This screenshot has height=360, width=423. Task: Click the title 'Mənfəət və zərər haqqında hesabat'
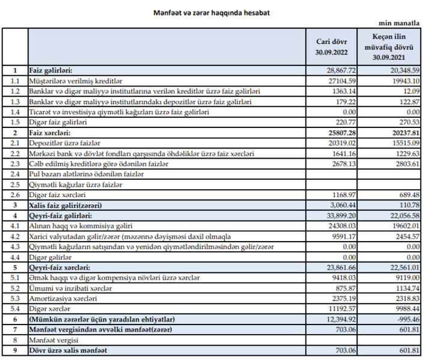211,13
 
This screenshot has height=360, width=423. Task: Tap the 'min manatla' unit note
399,23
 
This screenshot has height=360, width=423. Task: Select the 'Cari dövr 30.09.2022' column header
331,47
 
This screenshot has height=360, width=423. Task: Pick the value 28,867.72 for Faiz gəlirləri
341,70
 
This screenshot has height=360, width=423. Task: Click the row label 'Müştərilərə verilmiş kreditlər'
76,81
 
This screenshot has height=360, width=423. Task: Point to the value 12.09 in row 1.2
412,91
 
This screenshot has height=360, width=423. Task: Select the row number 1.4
15,112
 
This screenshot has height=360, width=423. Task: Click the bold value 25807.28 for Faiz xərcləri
342,133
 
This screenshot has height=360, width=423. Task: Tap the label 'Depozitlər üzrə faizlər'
65,143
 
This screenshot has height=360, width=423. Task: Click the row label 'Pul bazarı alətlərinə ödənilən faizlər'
87,174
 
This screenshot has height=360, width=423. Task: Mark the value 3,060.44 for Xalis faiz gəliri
343,205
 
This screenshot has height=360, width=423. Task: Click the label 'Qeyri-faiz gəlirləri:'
61,216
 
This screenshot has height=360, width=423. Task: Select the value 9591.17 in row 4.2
344,237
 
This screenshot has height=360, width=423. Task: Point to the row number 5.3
15,299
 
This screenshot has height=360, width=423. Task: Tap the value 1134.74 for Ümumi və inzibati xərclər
407,288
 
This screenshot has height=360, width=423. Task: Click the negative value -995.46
409,319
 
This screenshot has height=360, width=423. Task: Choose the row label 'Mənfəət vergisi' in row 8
53,340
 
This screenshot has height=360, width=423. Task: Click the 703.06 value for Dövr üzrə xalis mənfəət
346,350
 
